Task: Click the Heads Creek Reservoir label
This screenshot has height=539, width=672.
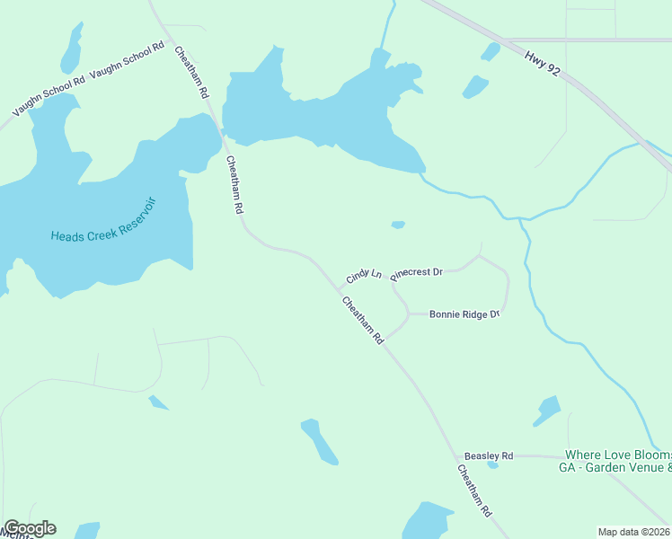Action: click(x=103, y=223)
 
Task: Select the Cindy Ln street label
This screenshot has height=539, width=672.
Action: click(x=365, y=274)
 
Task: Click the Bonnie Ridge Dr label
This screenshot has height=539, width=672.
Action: click(x=464, y=314)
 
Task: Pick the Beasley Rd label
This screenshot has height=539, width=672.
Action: click(x=488, y=456)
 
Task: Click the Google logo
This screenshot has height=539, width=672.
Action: click(x=30, y=528)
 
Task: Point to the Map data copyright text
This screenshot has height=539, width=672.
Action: click(x=634, y=531)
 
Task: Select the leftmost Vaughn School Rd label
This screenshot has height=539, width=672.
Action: click(x=49, y=95)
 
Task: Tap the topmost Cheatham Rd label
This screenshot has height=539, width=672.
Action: click(x=192, y=73)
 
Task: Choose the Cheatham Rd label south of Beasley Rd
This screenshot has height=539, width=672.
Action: click(x=475, y=490)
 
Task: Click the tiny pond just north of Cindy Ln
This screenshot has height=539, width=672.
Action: click(x=398, y=225)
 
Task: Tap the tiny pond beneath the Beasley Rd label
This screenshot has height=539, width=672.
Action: click(x=492, y=465)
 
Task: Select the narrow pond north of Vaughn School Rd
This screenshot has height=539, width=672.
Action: click(x=72, y=49)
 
